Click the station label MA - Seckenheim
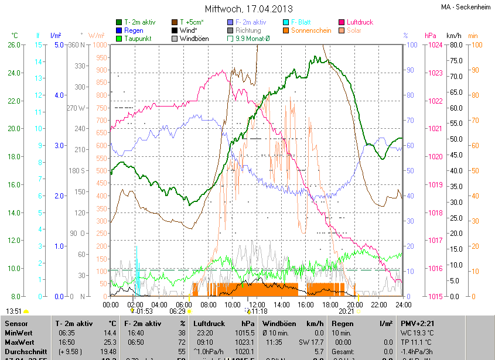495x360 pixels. click(466, 6)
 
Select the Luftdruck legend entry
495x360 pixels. click(359, 22)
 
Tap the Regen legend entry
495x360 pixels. click(133, 30)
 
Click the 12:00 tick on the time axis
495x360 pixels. click(257, 304)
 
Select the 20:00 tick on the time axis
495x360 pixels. click(354, 304)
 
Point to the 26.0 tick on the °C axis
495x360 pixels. click(14, 44)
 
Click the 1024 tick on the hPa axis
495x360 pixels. click(433, 44)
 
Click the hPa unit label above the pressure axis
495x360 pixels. click(430, 36)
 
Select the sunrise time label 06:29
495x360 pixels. click(177, 311)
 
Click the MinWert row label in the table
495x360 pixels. click(19, 332)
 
